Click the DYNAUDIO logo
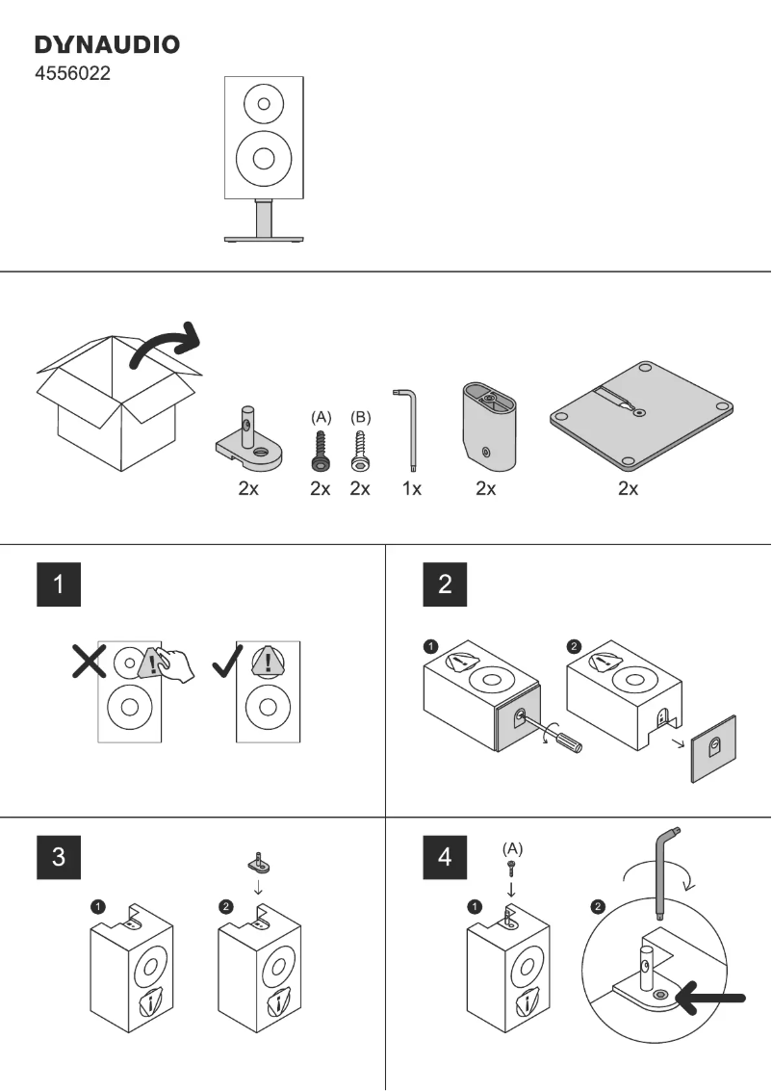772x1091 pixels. (x=107, y=44)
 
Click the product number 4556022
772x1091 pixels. (x=72, y=73)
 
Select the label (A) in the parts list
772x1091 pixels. (x=322, y=417)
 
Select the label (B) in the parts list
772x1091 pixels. (x=360, y=417)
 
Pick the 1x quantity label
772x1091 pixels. (x=412, y=489)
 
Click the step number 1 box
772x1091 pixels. (x=59, y=584)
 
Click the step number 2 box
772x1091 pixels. (x=444, y=584)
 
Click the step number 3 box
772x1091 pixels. (x=59, y=856)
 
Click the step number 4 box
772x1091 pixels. (x=444, y=856)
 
